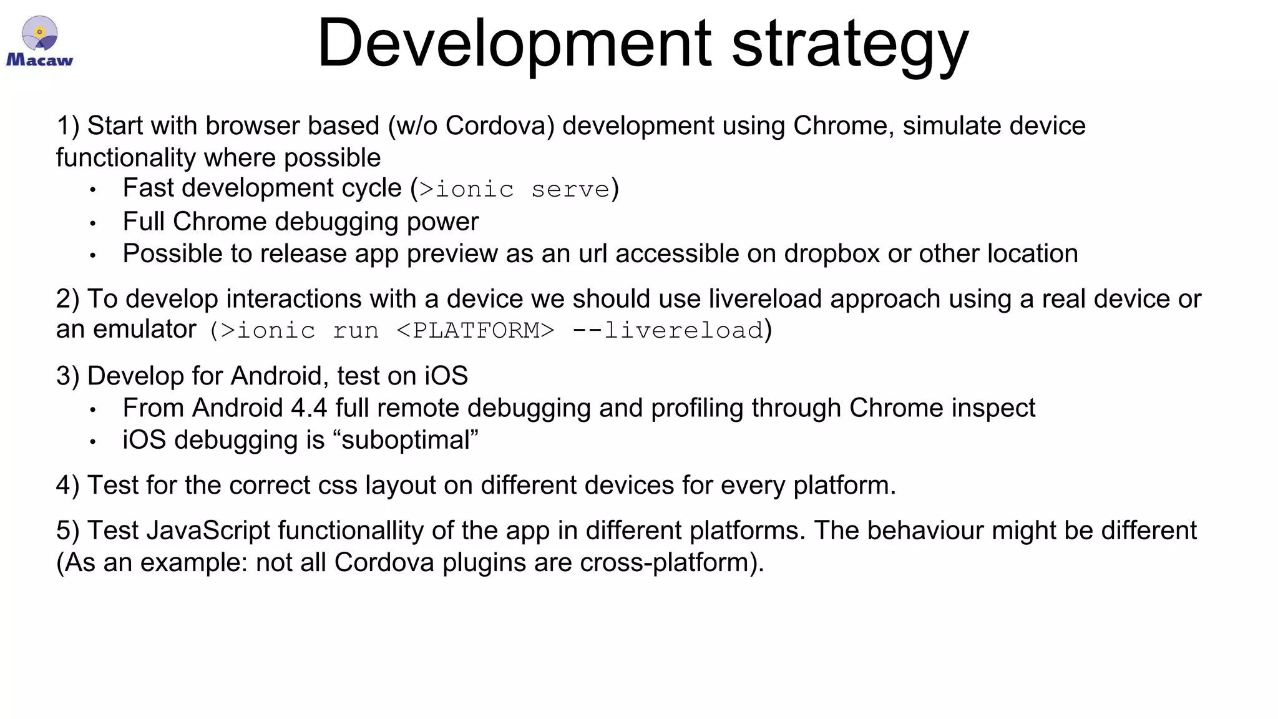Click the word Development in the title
(514, 44)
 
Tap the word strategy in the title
(850, 45)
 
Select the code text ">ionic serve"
(514, 189)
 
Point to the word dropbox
(832, 254)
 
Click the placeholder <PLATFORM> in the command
(475, 330)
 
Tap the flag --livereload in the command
(668, 330)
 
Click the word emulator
(145, 330)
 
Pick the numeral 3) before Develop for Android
(67, 376)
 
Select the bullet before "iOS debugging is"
(92, 442)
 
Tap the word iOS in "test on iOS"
(446, 376)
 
